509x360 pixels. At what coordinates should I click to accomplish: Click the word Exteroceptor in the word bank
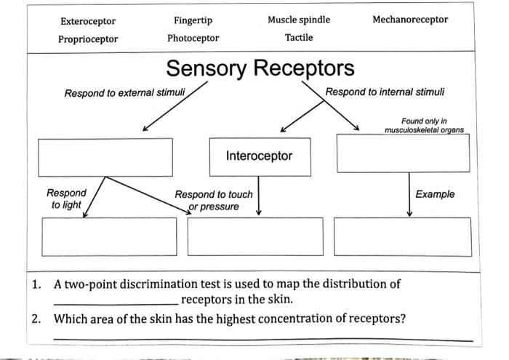pos(87,21)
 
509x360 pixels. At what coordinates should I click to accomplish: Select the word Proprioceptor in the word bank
pos(88,39)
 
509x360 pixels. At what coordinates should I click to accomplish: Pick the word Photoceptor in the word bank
pos(193,38)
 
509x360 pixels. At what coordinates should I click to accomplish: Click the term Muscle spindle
pos(299,20)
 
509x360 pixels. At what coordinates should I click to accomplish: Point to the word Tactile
pos(299,37)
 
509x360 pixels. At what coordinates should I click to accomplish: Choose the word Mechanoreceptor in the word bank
pos(410,20)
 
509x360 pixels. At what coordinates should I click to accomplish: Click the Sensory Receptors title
pos(260,68)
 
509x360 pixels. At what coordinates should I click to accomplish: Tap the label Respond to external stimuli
pos(124,93)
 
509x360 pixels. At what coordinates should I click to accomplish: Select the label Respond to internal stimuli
pos(385,92)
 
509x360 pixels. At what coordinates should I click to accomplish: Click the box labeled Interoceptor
pos(259,156)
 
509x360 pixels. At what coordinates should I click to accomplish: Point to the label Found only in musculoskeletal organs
pos(424,125)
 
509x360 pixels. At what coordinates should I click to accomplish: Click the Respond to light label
pos(66,199)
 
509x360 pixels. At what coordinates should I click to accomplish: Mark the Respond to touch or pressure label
pos(214,201)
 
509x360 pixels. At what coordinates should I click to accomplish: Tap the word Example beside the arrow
pos(435,194)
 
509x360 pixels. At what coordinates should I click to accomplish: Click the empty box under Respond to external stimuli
pos(105,156)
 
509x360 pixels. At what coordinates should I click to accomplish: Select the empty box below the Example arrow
pos(402,236)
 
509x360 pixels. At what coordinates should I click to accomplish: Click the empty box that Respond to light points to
pos(109,236)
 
